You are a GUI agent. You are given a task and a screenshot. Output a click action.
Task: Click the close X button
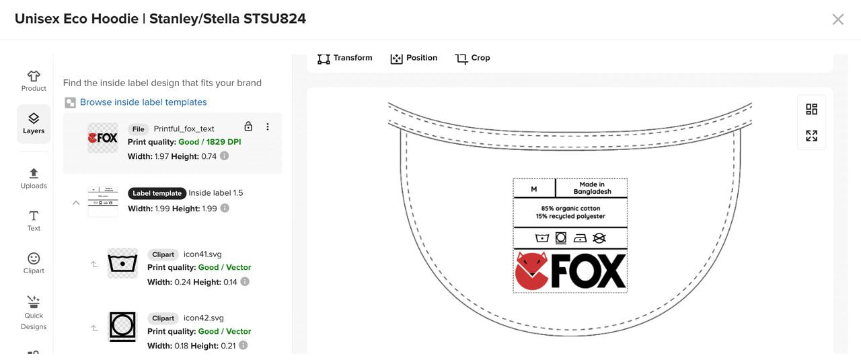tap(837, 20)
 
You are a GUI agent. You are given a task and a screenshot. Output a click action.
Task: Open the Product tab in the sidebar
tap(34, 81)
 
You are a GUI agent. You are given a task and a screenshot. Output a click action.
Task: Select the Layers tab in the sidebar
tap(34, 124)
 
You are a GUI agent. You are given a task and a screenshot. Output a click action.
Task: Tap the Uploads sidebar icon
tap(34, 178)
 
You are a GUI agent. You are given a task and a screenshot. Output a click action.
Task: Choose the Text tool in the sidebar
tap(34, 220)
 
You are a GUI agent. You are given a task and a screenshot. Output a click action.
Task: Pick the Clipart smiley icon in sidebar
tap(34, 262)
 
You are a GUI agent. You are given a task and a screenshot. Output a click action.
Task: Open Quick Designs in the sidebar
tap(34, 312)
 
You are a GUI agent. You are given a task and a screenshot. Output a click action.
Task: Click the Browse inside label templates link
tap(143, 102)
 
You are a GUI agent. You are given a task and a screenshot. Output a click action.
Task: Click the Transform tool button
tap(345, 58)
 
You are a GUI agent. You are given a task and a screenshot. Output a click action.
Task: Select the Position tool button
tap(414, 58)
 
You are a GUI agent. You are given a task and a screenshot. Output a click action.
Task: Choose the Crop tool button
tap(472, 58)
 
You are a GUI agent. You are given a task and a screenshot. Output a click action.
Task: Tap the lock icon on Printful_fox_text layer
tap(248, 127)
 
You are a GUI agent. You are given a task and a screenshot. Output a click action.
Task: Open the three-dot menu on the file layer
tap(268, 127)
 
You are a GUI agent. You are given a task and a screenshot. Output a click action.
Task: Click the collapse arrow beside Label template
tap(76, 203)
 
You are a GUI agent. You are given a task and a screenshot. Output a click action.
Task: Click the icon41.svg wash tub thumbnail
tap(122, 263)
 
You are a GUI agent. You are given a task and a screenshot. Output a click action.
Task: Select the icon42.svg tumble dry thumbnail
tap(122, 326)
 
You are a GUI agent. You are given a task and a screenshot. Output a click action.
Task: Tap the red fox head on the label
tap(531, 271)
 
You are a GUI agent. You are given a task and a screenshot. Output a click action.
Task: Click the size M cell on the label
tap(534, 189)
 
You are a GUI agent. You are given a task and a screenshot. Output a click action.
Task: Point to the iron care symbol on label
tap(579, 238)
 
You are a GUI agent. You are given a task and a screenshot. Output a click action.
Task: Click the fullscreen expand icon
tap(812, 136)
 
